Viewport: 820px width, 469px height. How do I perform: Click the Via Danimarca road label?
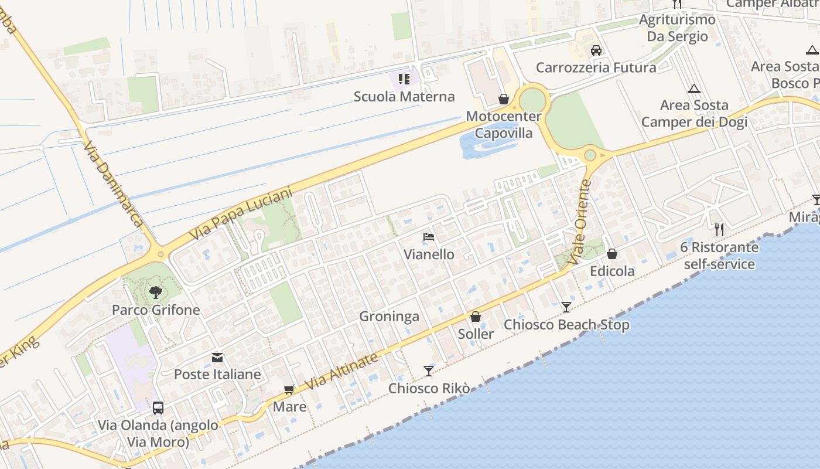pos(112,184)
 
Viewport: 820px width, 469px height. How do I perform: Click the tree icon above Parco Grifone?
pos(156,292)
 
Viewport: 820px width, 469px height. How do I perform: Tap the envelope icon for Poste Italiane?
pos(217,357)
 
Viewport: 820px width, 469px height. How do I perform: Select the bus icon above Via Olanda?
pos(158,407)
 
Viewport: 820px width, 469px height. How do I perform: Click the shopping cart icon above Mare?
pos(289,389)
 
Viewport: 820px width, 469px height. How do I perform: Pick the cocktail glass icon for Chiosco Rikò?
pos(429,371)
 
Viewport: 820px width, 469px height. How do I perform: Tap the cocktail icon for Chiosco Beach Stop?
pos(566,307)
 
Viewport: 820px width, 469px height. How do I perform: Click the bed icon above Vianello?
pos(429,237)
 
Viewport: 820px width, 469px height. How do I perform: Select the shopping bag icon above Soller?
pos(476,317)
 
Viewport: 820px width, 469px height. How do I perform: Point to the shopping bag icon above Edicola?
pos(612,254)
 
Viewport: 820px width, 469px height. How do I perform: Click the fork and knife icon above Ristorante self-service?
pos(719,229)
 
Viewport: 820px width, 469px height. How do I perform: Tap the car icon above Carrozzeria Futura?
pos(596,50)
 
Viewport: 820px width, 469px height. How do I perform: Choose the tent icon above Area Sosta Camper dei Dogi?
pos(694,89)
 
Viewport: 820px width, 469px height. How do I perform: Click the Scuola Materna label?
pos(404,96)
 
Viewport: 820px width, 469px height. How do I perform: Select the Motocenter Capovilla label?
pos(504,124)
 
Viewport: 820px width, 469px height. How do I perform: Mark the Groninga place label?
pos(389,317)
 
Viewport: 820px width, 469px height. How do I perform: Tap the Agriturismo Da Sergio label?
pos(677,28)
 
